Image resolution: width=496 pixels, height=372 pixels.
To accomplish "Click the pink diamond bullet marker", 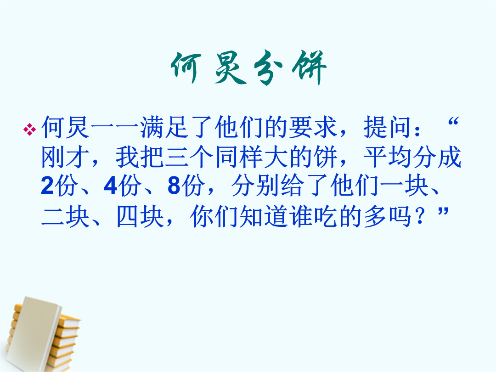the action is click(29, 130).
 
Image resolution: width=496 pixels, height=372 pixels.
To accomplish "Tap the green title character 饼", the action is click(309, 68).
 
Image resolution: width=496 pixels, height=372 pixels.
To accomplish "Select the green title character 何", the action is click(186, 68).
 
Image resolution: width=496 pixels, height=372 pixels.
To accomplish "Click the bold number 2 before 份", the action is click(47, 186).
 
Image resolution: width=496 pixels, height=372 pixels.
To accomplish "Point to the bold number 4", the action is click(110, 186).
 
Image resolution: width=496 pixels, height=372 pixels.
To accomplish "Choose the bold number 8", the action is click(174, 186).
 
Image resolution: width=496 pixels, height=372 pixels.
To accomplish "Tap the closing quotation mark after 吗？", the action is click(443, 211).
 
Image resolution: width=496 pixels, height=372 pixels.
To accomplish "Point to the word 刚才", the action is click(66, 157).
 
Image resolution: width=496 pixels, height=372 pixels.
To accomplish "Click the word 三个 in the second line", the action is click(189, 157).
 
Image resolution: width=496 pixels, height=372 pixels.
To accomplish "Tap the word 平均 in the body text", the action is click(387, 157).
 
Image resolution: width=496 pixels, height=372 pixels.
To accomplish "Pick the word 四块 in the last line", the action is click(140, 217).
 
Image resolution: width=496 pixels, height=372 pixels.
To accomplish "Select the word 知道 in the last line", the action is click(264, 217).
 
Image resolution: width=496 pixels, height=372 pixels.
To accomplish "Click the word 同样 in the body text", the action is click(239, 157).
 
